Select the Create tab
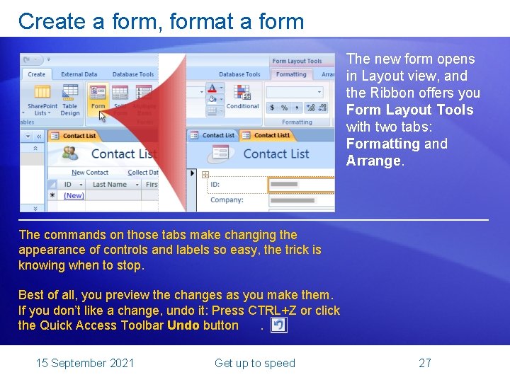pyautogui.click(x=36, y=74)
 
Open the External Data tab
pyautogui.click(x=79, y=74)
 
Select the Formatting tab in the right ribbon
pyautogui.click(x=291, y=74)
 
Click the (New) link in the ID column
pyautogui.click(x=74, y=196)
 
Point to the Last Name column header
pyautogui.click(x=109, y=185)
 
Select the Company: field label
pyautogui.click(x=227, y=200)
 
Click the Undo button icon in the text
pyautogui.click(x=279, y=325)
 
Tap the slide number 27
pyautogui.click(x=425, y=363)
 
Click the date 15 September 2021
pyautogui.click(x=85, y=363)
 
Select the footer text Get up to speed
pyautogui.click(x=254, y=363)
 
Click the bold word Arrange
pyautogui.click(x=373, y=161)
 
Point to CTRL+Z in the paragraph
pyautogui.click(x=272, y=311)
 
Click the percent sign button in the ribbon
pyautogui.click(x=283, y=108)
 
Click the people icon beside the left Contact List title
pyautogui.click(x=70, y=154)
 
